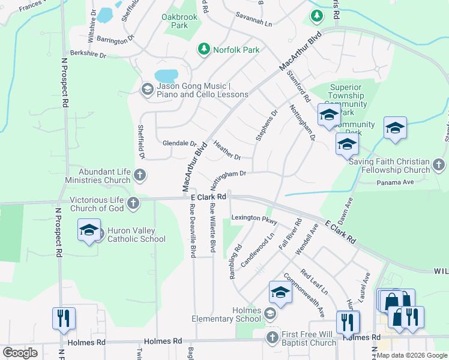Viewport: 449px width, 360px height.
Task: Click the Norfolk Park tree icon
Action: click(x=203, y=49)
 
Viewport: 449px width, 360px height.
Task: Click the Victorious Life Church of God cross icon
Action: click(x=133, y=203)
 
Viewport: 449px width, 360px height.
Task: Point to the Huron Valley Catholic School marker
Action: click(x=89, y=231)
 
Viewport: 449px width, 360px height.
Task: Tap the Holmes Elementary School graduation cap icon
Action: click(x=270, y=313)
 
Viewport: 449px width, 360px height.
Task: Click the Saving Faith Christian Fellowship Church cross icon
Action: click(x=439, y=164)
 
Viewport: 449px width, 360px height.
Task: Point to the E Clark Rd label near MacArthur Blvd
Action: click(x=208, y=196)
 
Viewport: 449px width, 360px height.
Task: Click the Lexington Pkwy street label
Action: click(x=254, y=219)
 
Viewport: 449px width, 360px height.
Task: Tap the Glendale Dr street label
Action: click(x=179, y=144)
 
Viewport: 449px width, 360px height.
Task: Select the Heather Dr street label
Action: click(x=227, y=150)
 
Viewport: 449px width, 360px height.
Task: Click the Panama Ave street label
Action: click(x=396, y=182)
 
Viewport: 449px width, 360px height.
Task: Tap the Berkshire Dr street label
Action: click(x=88, y=55)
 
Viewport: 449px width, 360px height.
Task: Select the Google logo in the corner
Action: click(x=20, y=352)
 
